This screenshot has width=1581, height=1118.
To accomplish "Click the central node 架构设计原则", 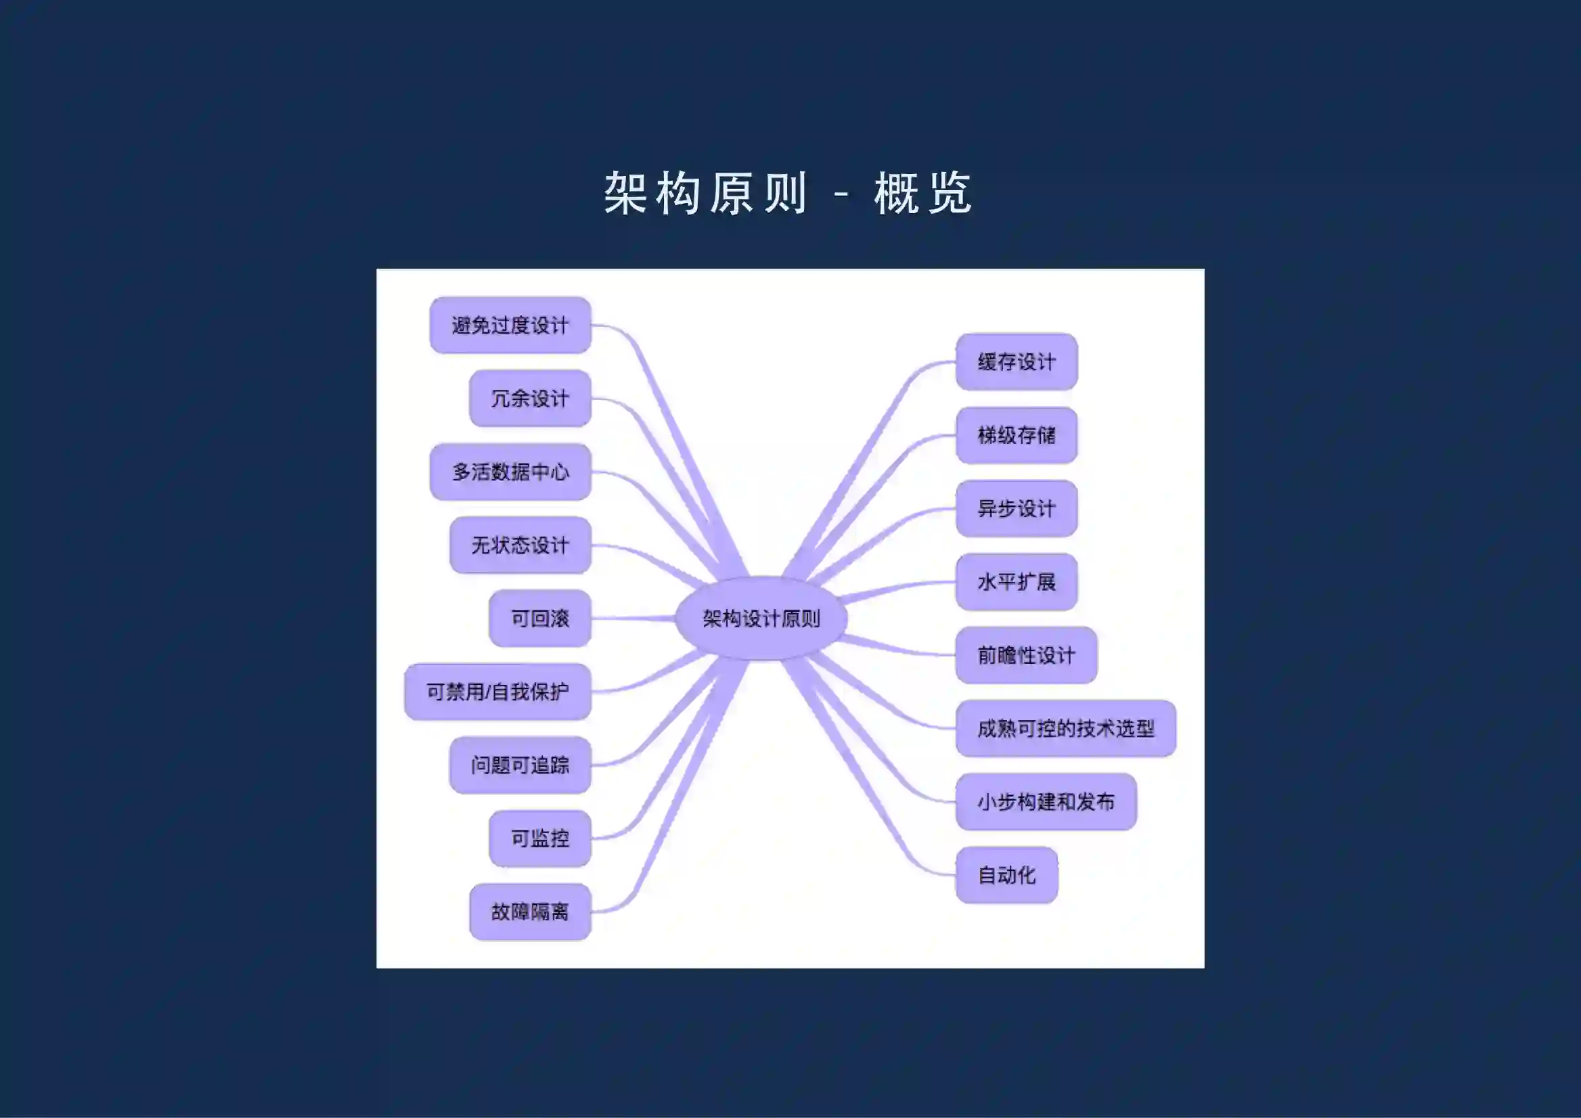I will tap(761, 618).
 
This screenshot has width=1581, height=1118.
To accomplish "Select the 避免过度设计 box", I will tap(510, 325).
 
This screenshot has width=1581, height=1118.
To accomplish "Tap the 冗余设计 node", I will tap(529, 399).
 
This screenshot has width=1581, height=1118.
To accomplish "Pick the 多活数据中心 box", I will tap(510, 472).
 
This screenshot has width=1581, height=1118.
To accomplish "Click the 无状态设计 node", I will tap(520, 545).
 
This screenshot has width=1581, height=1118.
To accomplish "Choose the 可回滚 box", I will tap(540, 618).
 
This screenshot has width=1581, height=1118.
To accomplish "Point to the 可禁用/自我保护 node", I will tap(497, 692).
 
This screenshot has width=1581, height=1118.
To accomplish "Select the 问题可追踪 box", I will tap(520, 765).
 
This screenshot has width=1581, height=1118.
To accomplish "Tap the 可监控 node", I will tap(540, 838).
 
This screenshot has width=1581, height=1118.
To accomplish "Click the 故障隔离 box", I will tap(529, 912).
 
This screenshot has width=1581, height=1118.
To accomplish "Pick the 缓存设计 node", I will tap(1017, 362).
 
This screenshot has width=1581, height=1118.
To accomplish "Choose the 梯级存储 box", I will tap(1017, 435).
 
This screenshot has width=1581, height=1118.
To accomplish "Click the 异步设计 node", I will tap(1017, 509).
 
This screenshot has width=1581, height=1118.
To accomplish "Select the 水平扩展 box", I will tap(1017, 582).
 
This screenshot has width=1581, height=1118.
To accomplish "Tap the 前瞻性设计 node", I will tap(1026, 655).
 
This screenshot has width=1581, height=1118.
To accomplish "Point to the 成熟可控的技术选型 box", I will tap(1065, 728).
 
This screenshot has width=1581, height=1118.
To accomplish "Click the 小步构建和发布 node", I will tap(1046, 802).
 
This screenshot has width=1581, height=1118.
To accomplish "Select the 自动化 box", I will tap(1006, 875).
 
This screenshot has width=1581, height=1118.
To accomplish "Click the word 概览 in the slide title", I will tap(922, 194).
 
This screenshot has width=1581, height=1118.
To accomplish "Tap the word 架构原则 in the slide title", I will tap(705, 194).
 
